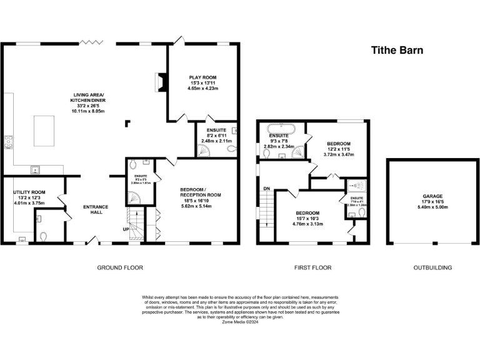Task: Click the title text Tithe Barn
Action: click(397, 50)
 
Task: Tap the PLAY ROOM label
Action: click(203, 77)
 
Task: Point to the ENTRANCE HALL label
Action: click(96, 210)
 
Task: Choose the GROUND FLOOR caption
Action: click(120, 267)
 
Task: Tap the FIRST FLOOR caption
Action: click(312, 267)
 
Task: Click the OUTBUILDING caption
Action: click(432, 267)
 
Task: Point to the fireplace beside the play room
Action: click(161, 81)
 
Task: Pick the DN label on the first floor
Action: click(266, 188)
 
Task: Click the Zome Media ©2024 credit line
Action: click(239, 321)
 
